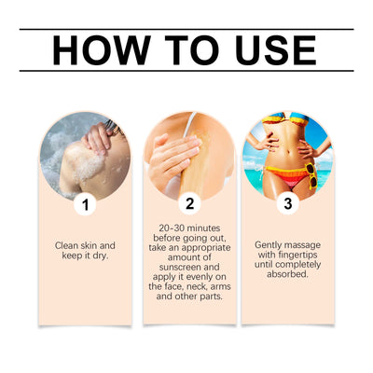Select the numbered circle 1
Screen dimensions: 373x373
(x=86, y=204)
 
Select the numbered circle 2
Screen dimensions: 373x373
(x=190, y=203)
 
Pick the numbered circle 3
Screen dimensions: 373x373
(x=288, y=204)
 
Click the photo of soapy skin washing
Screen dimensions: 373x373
(x=86, y=154)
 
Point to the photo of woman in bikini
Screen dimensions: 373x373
(x=287, y=154)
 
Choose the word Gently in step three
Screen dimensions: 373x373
(x=271, y=245)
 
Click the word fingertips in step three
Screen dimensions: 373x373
(x=295, y=256)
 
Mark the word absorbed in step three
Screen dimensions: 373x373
(x=287, y=277)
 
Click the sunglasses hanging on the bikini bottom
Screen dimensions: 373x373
(x=310, y=174)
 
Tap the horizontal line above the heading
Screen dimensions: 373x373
(x=186, y=29)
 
